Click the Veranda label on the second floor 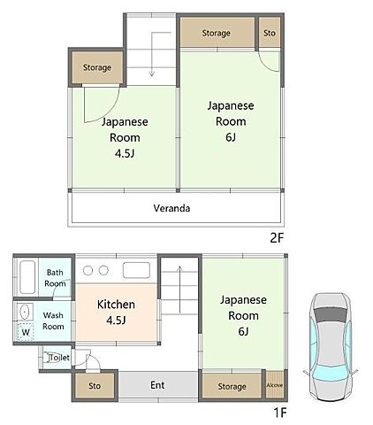171,208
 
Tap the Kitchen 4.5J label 116,313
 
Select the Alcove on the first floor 275,385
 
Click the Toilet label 59,358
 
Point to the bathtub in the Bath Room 27,277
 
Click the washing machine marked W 26,332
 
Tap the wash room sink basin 25,312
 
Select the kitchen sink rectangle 136,270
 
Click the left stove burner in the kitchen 88,270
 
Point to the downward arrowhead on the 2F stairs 151,73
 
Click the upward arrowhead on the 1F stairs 179,269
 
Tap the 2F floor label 277,238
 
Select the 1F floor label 280,413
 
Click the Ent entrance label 157,385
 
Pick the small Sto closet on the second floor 270,33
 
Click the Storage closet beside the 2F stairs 97,67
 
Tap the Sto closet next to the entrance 95,386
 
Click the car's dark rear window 331,314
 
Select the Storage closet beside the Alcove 232,386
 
